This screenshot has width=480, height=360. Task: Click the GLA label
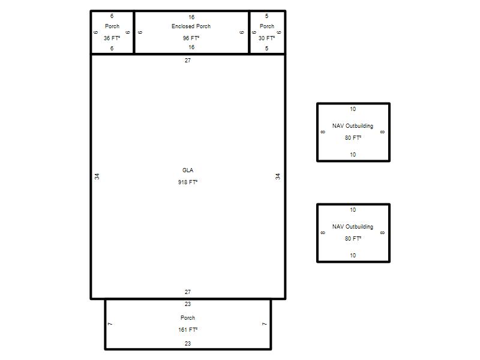pyautogui.click(x=188, y=170)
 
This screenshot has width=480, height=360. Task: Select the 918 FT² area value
pyautogui.click(x=188, y=182)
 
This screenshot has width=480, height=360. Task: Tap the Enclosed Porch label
pyautogui.click(x=191, y=26)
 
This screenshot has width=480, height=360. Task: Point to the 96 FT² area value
pyautogui.click(x=191, y=38)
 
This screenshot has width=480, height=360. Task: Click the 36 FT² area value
pyautogui.click(x=112, y=38)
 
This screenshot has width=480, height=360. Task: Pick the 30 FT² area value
pyautogui.click(x=266, y=38)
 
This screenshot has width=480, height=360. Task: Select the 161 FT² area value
pyautogui.click(x=188, y=329)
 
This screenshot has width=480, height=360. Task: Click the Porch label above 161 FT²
pyautogui.click(x=188, y=318)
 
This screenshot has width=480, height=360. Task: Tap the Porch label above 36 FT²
pyautogui.click(x=112, y=26)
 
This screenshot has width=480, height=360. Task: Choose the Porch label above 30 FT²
pyautogui.click(x=267, y=26)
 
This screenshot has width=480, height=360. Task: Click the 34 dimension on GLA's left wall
pyautogui.click(x=97, y=176)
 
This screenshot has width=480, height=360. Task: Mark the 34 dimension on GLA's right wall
pyautogui.click(x=278, y=176)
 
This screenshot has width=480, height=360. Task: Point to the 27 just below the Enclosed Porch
pyautogui.click(x=188, y=61)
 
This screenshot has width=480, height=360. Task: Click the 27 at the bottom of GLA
pyautogui.click(x=188, y=292)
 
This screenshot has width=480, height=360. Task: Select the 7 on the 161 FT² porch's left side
pyautogui.click(x=110, y=324)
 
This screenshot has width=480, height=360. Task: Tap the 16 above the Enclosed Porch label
pyautogui.click(x=191, y=17)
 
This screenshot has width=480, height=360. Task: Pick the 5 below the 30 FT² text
pyautogui.click(x=266, y=49)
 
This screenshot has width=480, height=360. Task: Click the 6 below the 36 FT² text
pyautogui.click(x=112, y=49)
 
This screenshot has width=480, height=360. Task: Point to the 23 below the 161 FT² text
pyautogui.click(x=188, y=343)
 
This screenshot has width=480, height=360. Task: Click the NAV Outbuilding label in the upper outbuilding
pyautogui.click(x=353, y=126)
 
